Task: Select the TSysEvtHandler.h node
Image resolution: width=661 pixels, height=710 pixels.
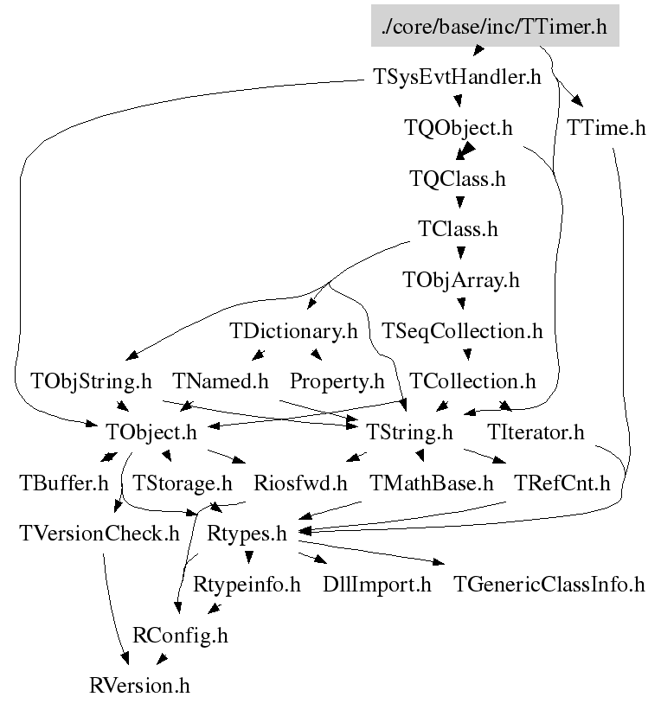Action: [458, 78]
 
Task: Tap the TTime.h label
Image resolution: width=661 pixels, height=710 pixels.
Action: [606, 129]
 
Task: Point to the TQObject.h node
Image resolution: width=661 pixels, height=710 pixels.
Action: [459, 129]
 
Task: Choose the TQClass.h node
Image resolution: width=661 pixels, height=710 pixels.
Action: [457, 180]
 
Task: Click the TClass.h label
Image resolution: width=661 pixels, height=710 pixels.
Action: [458, 230]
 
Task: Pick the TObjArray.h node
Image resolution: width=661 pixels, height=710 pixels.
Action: [462, 280]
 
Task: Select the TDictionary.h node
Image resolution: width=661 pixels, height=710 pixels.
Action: [293, 330]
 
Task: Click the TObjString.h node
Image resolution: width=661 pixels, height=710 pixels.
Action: [91, 381]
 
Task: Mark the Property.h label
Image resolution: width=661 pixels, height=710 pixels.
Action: [337, 381]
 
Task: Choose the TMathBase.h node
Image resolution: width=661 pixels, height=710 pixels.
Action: [431, 483]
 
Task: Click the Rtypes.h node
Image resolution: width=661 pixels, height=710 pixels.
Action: [247, 533]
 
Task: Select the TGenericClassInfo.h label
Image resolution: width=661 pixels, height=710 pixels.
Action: [549, 585]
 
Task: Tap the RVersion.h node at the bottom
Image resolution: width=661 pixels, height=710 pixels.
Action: [139, 686]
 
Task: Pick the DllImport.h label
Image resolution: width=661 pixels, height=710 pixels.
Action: [376, 585]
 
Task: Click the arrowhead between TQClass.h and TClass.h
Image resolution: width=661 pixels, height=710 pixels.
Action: [459, 205]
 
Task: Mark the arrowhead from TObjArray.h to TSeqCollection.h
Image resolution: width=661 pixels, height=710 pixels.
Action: [463, 304]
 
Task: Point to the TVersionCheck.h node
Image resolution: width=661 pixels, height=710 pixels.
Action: [99, 533]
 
